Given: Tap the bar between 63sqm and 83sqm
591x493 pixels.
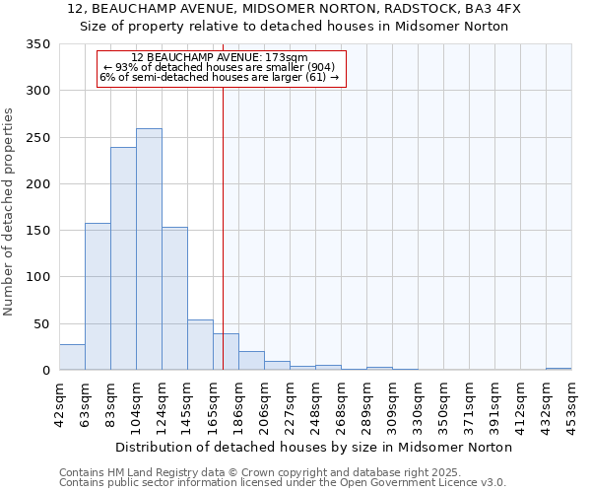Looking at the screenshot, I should coord(98,296).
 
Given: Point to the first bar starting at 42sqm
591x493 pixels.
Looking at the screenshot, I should coord(72,357).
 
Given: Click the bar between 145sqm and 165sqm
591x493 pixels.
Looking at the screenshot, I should coord(200,345).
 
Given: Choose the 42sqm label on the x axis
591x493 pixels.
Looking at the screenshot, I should coord(60,403).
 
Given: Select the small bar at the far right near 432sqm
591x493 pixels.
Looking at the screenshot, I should coord(558,369).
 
